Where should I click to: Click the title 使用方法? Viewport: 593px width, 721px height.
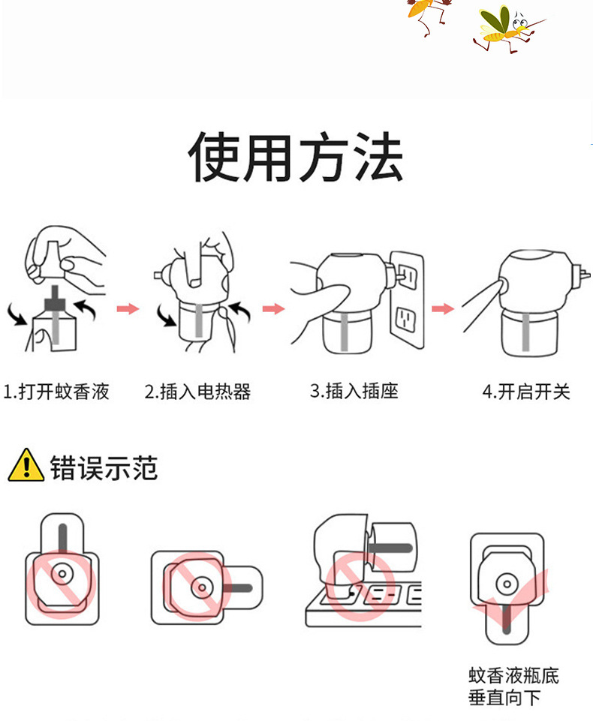(296, 157)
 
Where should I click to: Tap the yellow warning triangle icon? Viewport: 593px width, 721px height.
(26, 465)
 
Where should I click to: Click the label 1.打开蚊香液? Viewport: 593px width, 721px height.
(56, 392)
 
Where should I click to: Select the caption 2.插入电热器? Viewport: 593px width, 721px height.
(197, 392)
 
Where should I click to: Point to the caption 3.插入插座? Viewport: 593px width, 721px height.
(354, 391)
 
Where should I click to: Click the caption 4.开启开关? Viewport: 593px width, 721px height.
(526, 392)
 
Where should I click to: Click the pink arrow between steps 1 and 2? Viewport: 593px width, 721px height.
(128, 308)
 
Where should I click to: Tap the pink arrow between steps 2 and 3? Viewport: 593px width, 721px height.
(274, 308)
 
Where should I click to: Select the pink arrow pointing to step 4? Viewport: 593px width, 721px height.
(443, 308)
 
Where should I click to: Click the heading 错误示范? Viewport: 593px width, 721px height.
(104, 468)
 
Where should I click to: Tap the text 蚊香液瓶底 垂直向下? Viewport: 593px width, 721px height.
(513, 686)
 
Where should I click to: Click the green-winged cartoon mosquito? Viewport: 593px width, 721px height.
(506, 29)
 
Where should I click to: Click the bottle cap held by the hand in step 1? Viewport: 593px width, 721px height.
(52, 259)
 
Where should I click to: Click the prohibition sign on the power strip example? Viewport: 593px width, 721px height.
(360, 585)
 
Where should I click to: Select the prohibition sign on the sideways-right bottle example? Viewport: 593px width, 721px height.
(197, 587)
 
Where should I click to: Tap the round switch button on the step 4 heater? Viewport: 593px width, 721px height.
(502, 285)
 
